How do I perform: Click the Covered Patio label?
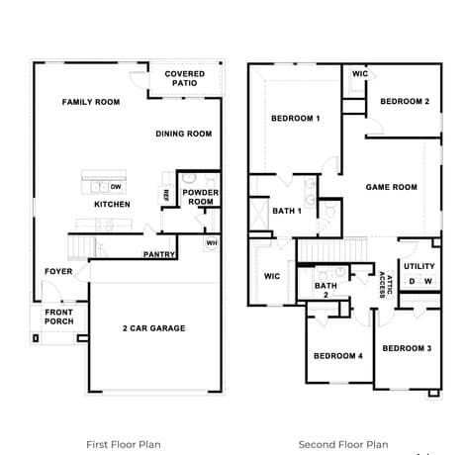[185, 78]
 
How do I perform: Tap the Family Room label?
[91, 102]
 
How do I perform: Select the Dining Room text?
[184, 134]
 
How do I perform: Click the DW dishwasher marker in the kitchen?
[116, 187]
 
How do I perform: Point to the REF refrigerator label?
[166, 196]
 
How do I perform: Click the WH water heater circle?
[212, 243]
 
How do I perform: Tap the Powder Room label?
[201, 197]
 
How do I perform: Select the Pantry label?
[159, 254]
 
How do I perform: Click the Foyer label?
[58, 271]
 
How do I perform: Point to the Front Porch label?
[59, 317]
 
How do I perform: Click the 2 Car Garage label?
[154, 328]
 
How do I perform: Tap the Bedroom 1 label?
[296, 118]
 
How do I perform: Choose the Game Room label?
[392, 187]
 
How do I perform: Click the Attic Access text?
[386, 285]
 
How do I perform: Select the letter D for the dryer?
[412, 281]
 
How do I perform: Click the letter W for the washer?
[428, 281]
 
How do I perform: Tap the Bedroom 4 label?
[338, 356]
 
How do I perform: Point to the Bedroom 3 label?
[407, 348]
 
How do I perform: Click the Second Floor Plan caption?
[343, 444]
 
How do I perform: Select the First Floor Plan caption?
[124, 444]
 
